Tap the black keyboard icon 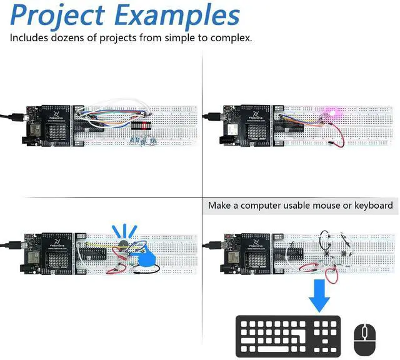coord(288,336)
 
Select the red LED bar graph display coord(144,124)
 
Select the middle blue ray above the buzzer coord(125,229)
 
